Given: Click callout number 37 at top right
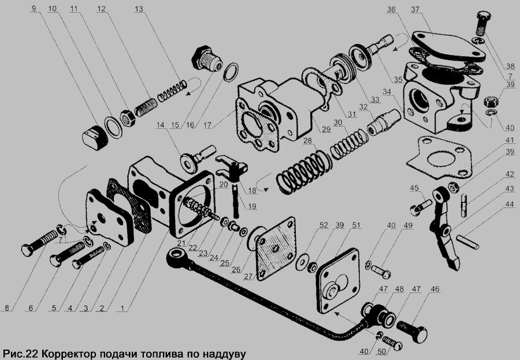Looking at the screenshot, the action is (415, 9).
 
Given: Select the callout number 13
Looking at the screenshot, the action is (139, 9).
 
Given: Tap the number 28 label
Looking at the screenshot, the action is (307, 140).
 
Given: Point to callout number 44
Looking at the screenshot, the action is (508, 205).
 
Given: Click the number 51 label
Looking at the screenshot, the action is (356, 225).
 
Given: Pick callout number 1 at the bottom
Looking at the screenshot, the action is (122, 308).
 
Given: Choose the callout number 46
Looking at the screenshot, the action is (434, 289).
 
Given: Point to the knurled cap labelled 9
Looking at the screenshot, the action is (95, 138).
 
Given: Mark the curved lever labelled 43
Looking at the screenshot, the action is (444, 229).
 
